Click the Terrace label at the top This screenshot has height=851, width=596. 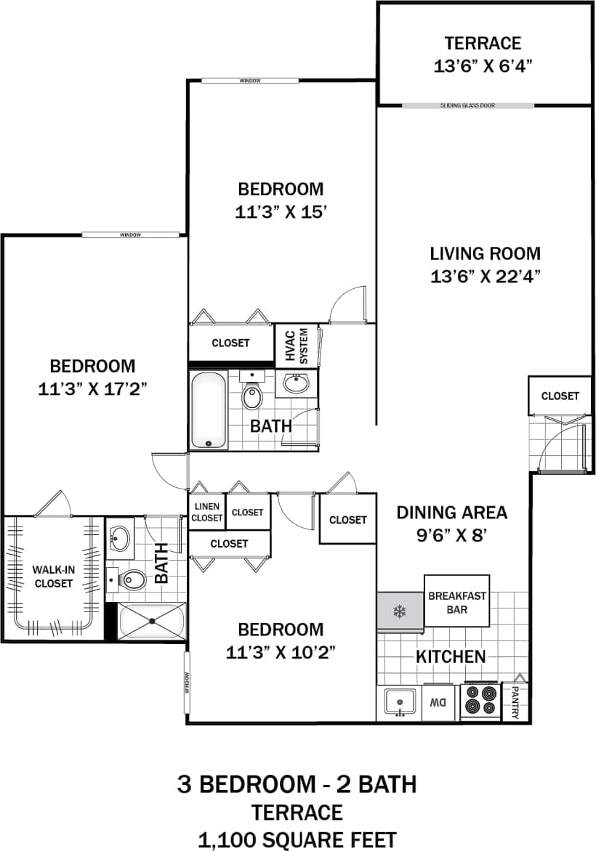[x=483, y=43]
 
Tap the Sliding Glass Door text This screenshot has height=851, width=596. [x=467, y=106]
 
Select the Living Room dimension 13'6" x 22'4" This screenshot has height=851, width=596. [x=485, y=276]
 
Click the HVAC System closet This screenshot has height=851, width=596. [x=297, y=345]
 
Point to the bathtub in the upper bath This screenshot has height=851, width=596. [x=209, y=410]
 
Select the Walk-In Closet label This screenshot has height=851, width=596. [x=52, y=577]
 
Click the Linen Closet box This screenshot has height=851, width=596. [x=206, y=512]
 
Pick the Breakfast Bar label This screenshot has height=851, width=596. [x=457, y=602]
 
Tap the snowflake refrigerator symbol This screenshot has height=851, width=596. [x=399, y=611]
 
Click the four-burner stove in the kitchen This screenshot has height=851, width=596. [x=480, y=701]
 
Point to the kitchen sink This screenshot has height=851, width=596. [x=399, y=702]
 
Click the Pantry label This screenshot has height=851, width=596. [x=515, y=702]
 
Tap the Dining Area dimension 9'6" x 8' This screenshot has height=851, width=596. [x=451, y=536]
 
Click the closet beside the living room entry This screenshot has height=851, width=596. [x=560, y=396]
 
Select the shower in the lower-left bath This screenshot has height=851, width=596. [x=152, y=622]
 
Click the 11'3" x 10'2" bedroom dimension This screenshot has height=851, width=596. [x=281, y=651]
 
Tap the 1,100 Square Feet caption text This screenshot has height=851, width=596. [x=297, y=839]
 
